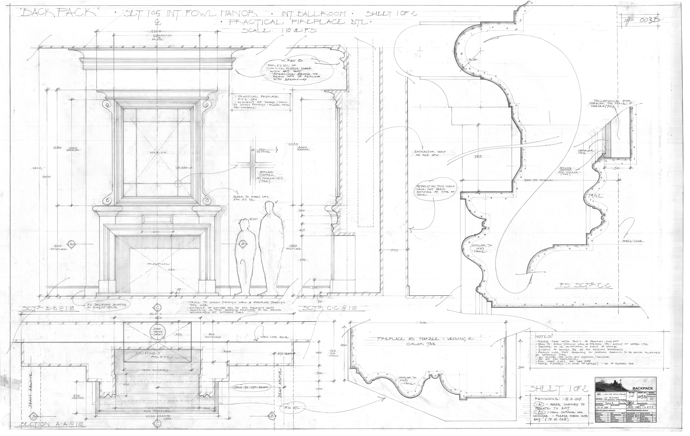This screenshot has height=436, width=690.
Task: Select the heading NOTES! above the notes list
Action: tap(542, 336)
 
